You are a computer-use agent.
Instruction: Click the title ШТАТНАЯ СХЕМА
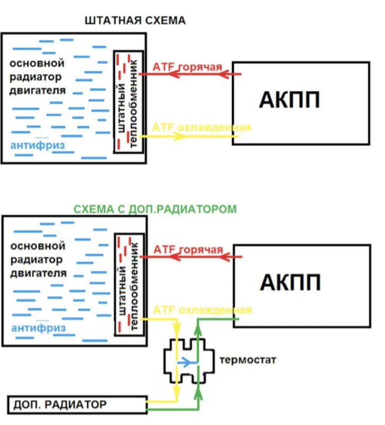click(x=135, y=21)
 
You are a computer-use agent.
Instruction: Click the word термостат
click(x=247, y=360)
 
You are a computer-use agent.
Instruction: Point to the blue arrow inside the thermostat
click(x=185, y=363)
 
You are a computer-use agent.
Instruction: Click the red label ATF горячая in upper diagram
click(x=186, y=67)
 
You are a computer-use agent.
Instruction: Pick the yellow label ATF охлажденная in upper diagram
click(x=201, y=127)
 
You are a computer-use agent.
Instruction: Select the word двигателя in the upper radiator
click(x=38, y=90)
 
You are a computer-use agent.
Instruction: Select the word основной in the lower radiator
click(x=38, y=246)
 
